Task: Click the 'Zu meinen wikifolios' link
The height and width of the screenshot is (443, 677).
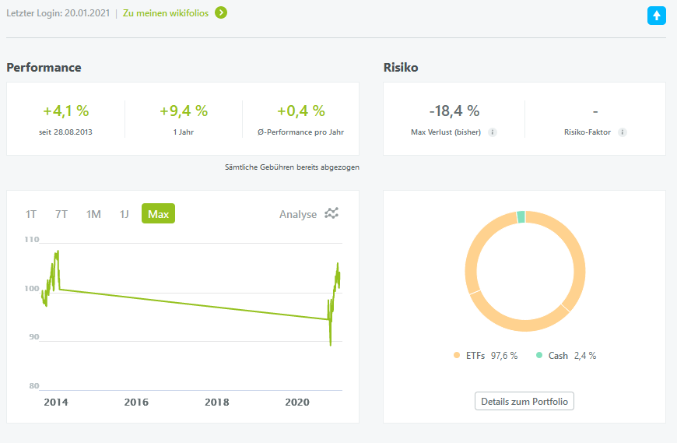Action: click(166, 13)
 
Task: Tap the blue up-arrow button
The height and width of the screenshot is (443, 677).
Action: click(657, 15)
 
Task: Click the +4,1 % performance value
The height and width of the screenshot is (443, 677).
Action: click(65, 111)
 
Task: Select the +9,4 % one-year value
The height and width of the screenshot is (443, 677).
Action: click(184, 111)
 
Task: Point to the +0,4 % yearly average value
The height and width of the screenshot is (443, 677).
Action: click(301, 111)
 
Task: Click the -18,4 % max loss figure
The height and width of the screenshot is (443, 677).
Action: click(454, 111)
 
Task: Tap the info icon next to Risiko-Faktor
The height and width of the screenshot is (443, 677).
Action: click(622, 132)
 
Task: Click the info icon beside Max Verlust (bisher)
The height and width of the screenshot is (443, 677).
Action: click(493, 132)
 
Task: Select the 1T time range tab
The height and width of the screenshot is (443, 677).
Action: click(31, 214)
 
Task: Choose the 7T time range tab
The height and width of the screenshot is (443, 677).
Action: click(61, 214)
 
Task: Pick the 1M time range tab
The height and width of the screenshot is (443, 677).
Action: click(93, 214)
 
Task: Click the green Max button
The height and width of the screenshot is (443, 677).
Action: click(158, 214)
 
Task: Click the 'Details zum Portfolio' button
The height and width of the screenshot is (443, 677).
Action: click(524, 402)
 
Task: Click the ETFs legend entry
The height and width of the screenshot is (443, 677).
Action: click(482, 356)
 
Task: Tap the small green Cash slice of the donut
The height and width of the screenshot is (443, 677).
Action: click(521, 217)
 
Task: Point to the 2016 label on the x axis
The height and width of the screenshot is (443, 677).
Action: click(136, 403)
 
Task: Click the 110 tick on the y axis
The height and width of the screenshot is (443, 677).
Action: click(31, 240)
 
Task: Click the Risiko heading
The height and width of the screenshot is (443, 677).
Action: click(401, 68)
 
